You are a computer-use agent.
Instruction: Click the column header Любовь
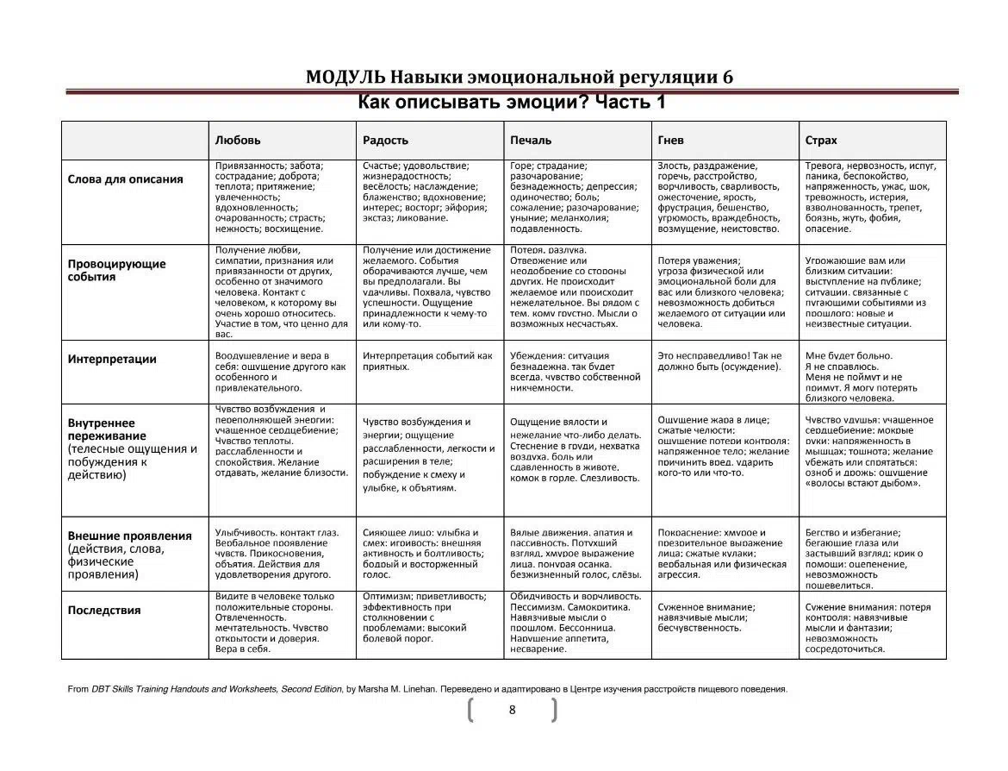pyautogui.click(x=238, y=140)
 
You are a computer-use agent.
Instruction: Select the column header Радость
pyautogui.click(x=385, y=140)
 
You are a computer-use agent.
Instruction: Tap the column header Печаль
pyautogui.click(x=531, y=140)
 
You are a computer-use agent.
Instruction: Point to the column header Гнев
pyautogui.click(x=670, y=140)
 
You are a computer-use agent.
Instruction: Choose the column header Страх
pyautogui.click(x=820, y=140)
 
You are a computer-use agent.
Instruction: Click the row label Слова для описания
pyautogui.click(x=126, y=179)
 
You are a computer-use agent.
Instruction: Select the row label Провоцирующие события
pyautogui.click(x=117, y=271)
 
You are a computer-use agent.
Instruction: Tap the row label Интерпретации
pyautogui.click(x=112, y=360)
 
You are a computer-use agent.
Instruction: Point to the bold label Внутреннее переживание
pyautogui.click(x=102, y=429)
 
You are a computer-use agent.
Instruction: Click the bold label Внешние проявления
pyautogui.click(x=130, y=536)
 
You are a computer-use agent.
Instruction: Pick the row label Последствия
pyautogui.click(x=104, y=611)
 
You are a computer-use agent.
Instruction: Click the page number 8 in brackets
pyautogui.click(x=513, y=710)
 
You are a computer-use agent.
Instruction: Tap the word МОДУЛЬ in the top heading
pyautogui.click(x=345, y=77)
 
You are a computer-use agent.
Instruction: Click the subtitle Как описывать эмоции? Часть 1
pyautogui.click(x=512, y=103)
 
